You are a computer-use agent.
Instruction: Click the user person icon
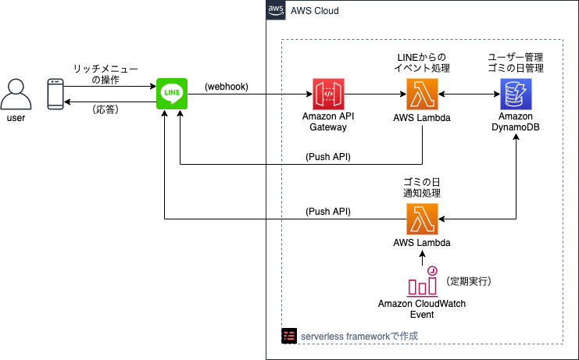click(x=16, y=94)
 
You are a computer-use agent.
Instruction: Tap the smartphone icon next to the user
click(x=55, y=94)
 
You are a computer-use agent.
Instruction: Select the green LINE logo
click(x=171, y=94)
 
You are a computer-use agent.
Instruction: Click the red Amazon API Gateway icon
click(x=328, y=94)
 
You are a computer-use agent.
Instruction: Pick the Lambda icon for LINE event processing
click(x=422, y=94)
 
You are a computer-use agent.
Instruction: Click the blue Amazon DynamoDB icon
click(x=516, y=94)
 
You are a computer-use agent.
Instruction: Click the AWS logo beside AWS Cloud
click(x=275, y=10)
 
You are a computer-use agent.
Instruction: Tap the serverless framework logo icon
click(x=288, y=336)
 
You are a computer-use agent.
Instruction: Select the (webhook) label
click(x=227, y=87)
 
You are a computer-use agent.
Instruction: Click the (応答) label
click(x=105, y=109)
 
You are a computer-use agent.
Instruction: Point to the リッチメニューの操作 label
click(x=105, y=74)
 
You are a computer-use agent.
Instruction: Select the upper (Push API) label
click(x=327, y=157)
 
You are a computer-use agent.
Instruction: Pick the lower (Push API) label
click(x=327, y=211)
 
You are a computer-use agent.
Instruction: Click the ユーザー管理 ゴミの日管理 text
click(x=516, y=62)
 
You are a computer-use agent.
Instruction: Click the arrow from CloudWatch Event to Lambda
click(x=422, y=258)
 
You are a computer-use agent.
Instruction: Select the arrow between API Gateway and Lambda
click(x=375, y=94)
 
